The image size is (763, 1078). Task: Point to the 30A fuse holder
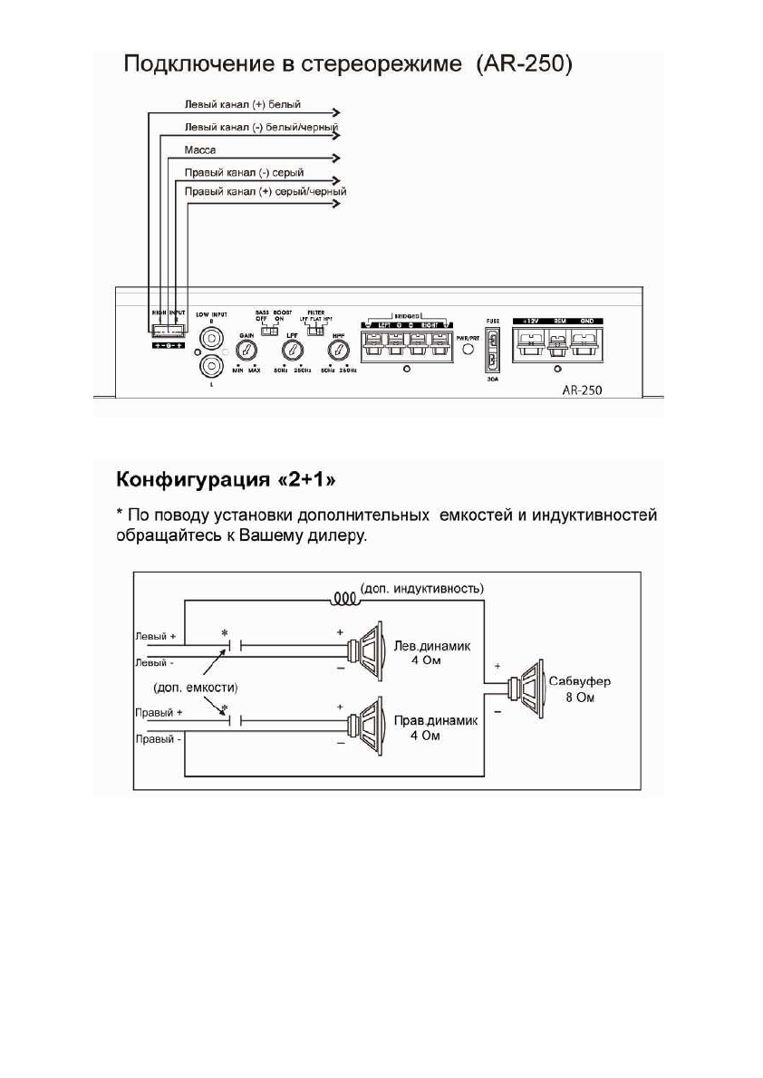pos(492,349)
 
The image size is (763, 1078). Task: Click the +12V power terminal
pos(529,343)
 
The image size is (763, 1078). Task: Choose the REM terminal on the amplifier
pos(559,343)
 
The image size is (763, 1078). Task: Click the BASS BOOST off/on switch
pos(268,331)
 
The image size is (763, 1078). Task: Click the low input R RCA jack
pos(212,339)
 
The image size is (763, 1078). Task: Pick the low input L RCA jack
pos(212,366)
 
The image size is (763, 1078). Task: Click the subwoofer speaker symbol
pos(526,689)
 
